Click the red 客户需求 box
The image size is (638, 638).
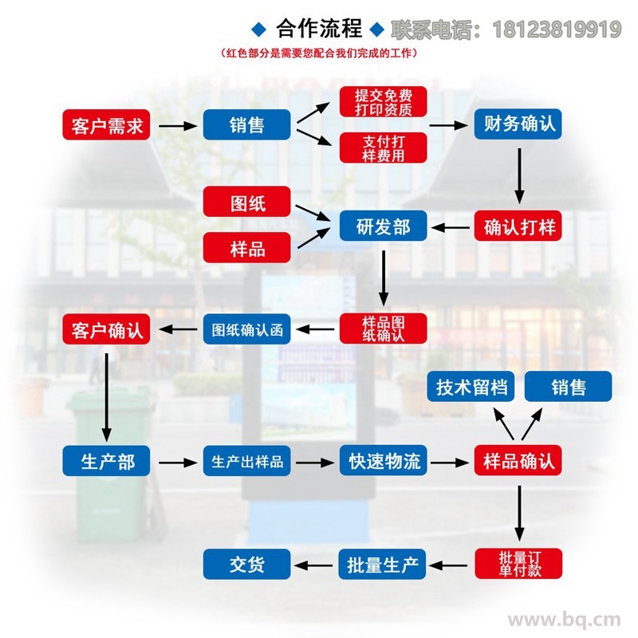pos(106,125)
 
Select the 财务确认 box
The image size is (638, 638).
pos(518,124)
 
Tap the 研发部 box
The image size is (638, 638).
pos(384,226)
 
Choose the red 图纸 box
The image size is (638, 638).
pos(247,202)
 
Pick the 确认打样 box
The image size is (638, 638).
pos(518,226)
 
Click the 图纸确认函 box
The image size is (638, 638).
pos(247,329)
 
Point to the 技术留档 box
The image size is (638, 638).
pos(471,386)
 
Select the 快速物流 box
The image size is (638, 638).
pos(384,460)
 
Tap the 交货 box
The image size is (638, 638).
pos(247,564)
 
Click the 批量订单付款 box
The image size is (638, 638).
pos(518,564)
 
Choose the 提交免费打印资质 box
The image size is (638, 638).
pos(384,102)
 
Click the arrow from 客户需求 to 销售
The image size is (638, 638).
pos(178,126)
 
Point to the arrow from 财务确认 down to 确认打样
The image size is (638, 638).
pos(519,175)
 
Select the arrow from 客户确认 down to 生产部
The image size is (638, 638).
pos(107,397)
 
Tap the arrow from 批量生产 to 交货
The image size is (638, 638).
pos(313,565)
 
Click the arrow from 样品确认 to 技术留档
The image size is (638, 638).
pos(503,423)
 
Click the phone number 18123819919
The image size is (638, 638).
pos(557,30)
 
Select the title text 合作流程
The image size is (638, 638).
pos(319,29)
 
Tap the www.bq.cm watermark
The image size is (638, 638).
pos(565,620)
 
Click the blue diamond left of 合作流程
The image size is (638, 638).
pos(258,30)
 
